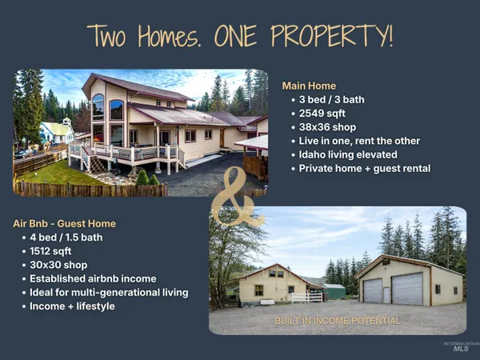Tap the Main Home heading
pyautogui.click(x=309, y=86)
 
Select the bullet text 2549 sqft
pyautogui.click(x=322, y=114)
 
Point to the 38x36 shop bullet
pyautogui.click(x=327, y=127)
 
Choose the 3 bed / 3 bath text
pyautogui.click(x=333, y=100)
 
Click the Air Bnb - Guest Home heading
pyautogui.click(x=64, y=223)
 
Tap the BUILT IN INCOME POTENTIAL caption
pyautogui.click(x=337, y=321)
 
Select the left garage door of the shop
pyautogui.click(x=373, y=290)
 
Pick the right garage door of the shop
pyautogui.click(x=407, y=289)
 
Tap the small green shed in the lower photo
pyautogui.click(x=334, y=291)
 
